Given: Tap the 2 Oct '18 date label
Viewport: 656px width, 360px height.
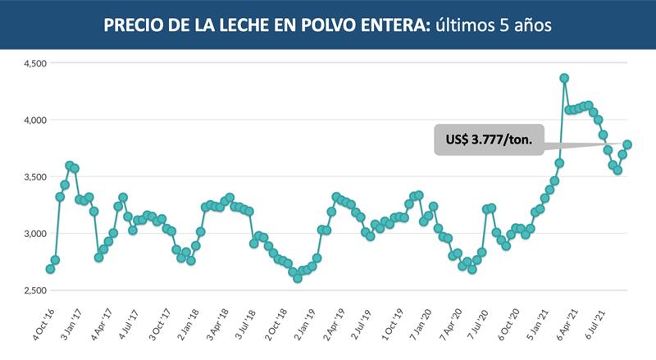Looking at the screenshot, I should (x=277, y=322).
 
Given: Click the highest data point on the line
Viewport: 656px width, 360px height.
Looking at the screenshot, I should (x=564, y=79).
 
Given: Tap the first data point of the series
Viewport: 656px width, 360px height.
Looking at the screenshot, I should (x=50, y=269).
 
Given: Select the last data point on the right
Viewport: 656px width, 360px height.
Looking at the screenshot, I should (x=628, y=145).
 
